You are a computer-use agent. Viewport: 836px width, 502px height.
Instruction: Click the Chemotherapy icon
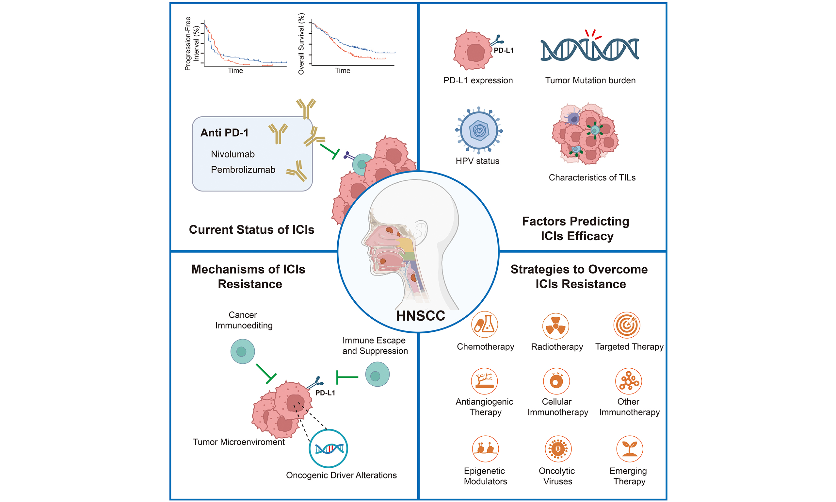coord(484,325)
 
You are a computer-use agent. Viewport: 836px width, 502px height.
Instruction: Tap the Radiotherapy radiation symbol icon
coord(555,326)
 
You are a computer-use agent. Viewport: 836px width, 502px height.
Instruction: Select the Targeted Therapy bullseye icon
coord(627,325)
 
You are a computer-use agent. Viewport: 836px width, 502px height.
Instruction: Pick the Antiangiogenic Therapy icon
coord(484,381)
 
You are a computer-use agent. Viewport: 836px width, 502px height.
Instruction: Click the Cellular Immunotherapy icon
coord(556,381)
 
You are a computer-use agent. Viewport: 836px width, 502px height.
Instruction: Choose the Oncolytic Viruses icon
coord(558,449)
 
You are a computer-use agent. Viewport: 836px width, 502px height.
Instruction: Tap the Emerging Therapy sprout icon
coord(629,449)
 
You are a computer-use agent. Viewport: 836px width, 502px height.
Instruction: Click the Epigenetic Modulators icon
coord(485,449)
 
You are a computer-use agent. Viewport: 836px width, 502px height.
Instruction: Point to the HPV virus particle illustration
coord(479,130)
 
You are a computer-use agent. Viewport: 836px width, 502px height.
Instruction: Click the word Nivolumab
coord(233,154)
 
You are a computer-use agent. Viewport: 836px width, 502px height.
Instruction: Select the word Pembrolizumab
coord(243,170)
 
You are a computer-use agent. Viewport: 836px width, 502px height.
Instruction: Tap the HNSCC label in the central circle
coord(420,316)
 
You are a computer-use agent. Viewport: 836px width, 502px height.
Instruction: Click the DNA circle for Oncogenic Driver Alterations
coord(328,448)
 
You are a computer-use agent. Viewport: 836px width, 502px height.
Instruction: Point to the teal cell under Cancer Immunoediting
coord(242,351)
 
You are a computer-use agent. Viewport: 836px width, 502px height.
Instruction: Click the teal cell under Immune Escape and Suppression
coord(377,375)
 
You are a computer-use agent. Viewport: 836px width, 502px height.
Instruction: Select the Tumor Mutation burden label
coord(590,80)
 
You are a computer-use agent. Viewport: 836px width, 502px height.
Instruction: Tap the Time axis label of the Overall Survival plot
coord(342,71)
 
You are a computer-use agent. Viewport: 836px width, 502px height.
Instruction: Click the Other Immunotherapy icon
coord(628,381)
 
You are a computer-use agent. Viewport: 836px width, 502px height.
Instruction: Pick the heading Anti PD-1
coord(224,133)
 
